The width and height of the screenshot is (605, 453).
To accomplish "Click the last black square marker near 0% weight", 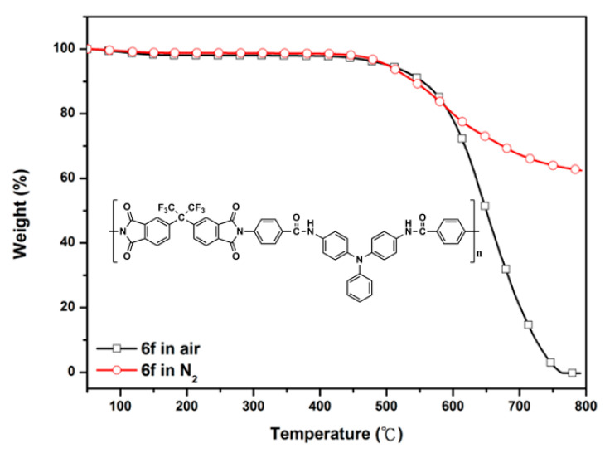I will (572, 373).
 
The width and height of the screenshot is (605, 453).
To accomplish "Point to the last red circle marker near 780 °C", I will (575, 169).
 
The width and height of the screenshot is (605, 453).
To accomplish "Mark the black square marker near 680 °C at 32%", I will (506, 269).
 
